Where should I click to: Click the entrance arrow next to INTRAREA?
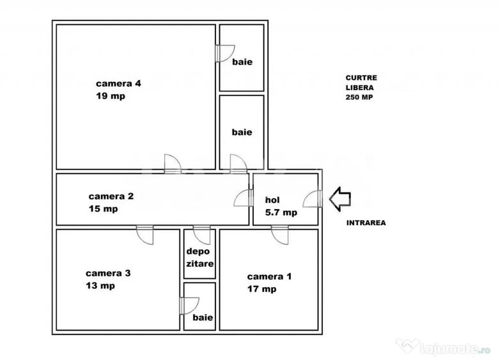[340, 200]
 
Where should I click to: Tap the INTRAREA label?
[366, 223]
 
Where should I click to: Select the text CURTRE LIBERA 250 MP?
[361, 88]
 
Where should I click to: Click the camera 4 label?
[118, 84]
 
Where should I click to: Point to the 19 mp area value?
[111, 96]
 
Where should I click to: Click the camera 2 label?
[111, 196]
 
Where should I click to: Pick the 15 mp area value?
[103, 208]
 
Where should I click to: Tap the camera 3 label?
[108, 273]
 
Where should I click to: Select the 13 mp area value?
[100, 286]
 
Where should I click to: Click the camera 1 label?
[269, 276]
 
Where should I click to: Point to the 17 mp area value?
[261, 289]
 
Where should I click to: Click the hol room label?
[272, 200]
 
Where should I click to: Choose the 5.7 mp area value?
[281, 212]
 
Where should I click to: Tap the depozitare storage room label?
[199, 257]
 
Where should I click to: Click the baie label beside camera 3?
[203, 317]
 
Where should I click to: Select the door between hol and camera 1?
[280, 235]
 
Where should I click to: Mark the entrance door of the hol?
[313, 199]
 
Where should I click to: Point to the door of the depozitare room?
[201, 235]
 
